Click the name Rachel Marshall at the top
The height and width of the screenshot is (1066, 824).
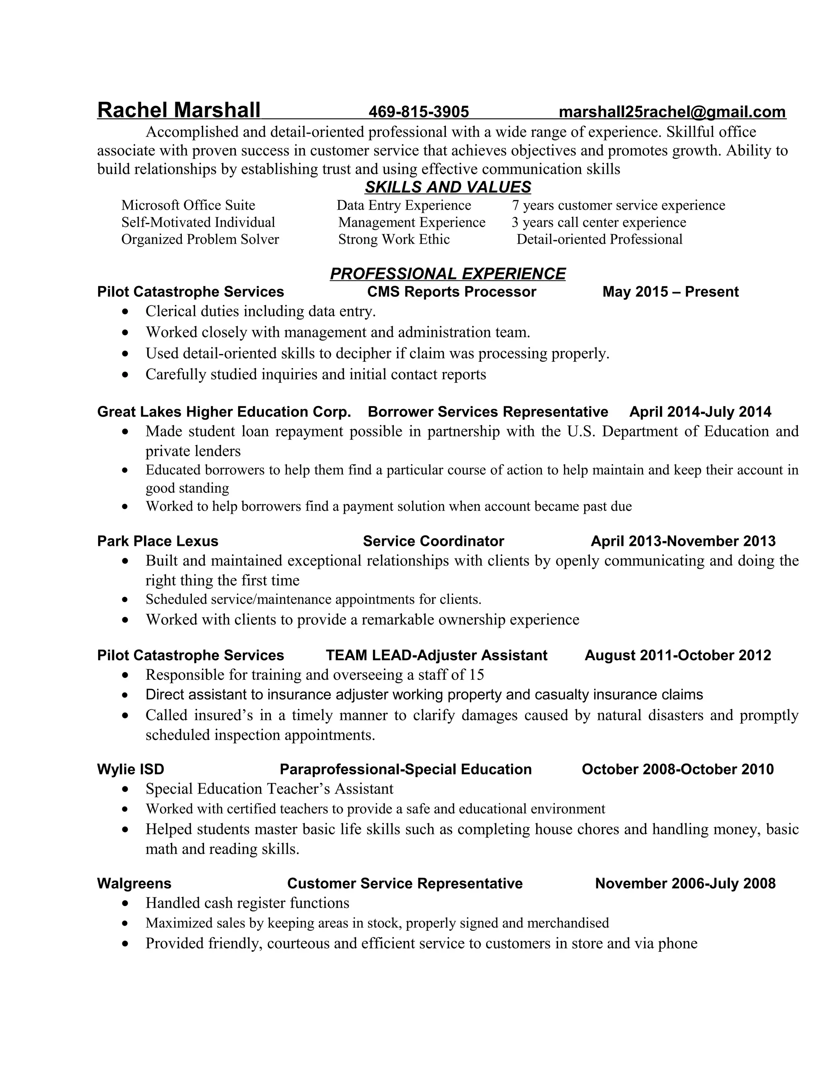click(x=179, y=110)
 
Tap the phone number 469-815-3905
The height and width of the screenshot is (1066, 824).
click(x=418, y=112)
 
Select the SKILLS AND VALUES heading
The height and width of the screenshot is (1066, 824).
click(x=448, y=187)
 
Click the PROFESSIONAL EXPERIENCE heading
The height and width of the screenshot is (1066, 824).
click(x=448, y=274)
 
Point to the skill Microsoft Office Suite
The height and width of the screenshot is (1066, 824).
click(x=188, y=205)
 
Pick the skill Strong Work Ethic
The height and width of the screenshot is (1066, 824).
click(x=394, y=239)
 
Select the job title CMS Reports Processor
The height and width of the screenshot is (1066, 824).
click(x=451, y=292)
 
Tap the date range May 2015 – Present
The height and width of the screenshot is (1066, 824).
click(x=670, y=292)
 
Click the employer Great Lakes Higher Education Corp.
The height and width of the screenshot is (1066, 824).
click(x=224, y=412)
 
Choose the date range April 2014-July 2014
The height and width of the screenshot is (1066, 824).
click(x=700, y=412)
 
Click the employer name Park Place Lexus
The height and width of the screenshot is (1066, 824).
click(x=158, y=541)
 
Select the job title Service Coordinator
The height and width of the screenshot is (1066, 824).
click(x=433, y=541)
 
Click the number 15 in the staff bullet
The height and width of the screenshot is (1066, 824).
click(x=476, y=675)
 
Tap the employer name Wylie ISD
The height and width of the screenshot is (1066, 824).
click(x=131, y=769)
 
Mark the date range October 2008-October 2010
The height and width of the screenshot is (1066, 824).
click(x=678, y=769)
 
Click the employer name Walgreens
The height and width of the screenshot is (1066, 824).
click(x=134, y=883)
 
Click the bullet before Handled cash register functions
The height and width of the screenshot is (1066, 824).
click(x=126, y=904)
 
